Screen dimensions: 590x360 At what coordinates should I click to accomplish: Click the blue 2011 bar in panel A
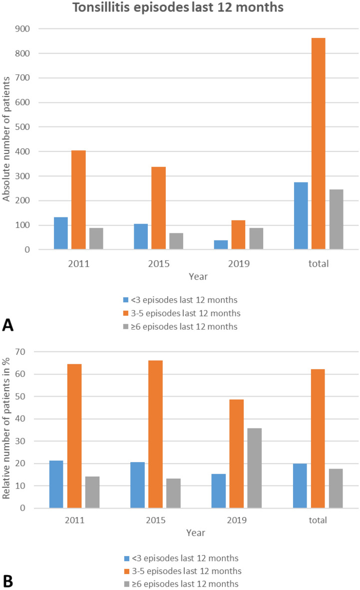61,233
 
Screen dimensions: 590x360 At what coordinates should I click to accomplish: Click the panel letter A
8,325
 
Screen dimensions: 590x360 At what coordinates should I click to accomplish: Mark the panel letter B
8,582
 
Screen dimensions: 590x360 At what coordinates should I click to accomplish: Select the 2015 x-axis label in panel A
159,263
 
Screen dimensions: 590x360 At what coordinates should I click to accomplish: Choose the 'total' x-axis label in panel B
318,520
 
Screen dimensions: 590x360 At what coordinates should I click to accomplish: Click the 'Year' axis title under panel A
199,276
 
